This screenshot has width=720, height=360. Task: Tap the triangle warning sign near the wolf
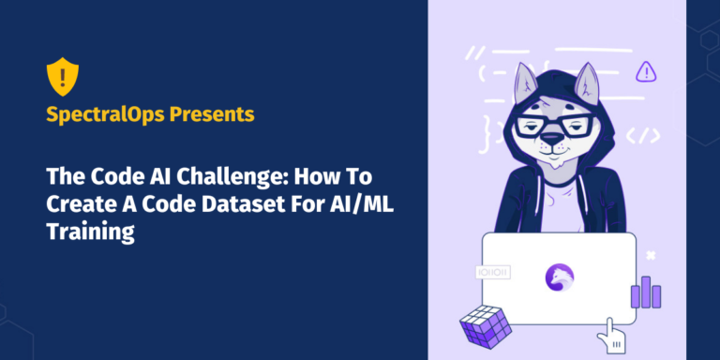click(645, 71)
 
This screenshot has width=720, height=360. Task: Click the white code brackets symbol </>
click(641, 135)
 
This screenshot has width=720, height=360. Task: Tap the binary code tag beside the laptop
click(493, 272)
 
